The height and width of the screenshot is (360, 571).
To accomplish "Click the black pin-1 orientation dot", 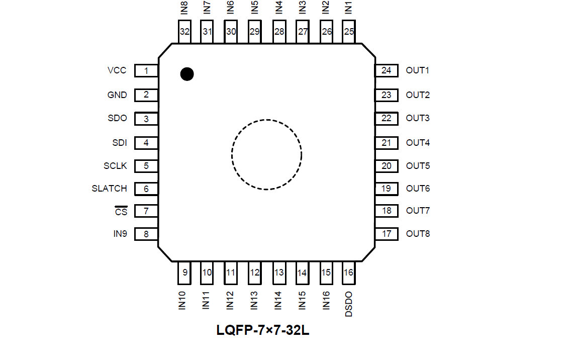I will tap(187, 74).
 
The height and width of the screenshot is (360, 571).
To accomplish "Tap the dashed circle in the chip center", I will tap(266, 154).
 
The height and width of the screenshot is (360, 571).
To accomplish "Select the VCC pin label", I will tap(117, 70).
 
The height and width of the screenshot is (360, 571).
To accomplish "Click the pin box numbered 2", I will tap(146, 95).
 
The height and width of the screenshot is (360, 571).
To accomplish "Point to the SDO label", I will tap(117, 118).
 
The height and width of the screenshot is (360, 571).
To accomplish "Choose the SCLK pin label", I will tap(116, 166).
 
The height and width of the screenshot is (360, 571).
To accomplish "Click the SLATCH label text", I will tap(110, 189).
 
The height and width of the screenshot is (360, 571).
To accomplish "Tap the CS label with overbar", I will tap(121, 212).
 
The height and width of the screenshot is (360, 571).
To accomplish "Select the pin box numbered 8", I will tap(146, 234).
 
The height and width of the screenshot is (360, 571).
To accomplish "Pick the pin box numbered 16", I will tap(348, 273).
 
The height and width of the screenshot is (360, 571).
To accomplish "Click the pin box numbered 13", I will tap(279, 273).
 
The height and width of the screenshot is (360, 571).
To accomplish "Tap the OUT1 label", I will tap(418, 70).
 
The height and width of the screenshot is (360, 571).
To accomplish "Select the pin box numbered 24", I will tap(387, 70).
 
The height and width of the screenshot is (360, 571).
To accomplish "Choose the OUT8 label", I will tap(418, 234).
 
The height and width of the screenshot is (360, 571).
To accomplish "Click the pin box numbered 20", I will tap(387, 166).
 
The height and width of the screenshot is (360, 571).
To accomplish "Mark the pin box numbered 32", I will tap(185, 32).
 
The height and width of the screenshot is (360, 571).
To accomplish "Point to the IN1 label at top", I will tap(349, 8).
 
